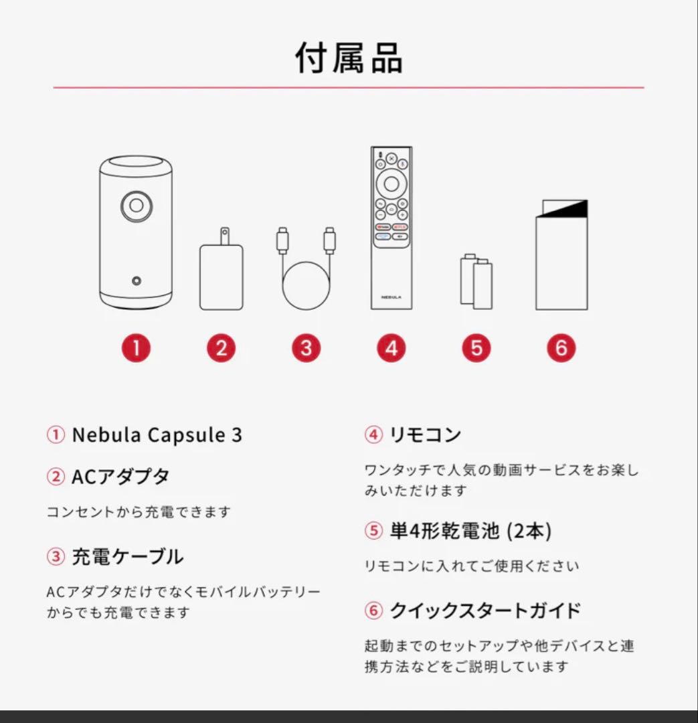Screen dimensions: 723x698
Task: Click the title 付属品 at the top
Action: click(x=349, y=59)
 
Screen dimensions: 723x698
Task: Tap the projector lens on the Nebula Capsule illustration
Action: click(x=137, y=206)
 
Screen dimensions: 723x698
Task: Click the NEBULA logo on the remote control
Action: click(x=391, y=295)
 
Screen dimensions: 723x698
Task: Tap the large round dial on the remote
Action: click(x=391, y=182)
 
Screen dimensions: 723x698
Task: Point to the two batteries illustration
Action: click(x=476, y=281)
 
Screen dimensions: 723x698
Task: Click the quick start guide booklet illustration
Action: click(x=561, y=256)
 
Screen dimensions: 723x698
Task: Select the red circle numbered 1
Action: click(x=136, y=348)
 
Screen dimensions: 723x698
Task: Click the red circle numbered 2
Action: click(x=221, y=348)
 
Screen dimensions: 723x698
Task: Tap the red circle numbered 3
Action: click(x=306, y=348)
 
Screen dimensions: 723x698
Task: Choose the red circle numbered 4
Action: click(x=391, y=348)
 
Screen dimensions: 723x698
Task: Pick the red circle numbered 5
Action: click(x=476, y=348)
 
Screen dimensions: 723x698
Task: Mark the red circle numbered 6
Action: click(x=561, y=348)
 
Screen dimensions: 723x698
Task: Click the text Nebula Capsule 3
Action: click(x=157, y=435)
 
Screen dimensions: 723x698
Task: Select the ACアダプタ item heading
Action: click(x=120, y=477)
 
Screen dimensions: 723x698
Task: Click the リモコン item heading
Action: click(x=425, y=435)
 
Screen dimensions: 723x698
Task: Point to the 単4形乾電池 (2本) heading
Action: click(x=470, y=531)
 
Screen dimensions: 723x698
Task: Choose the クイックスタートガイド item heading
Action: click(x=485, y=611)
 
